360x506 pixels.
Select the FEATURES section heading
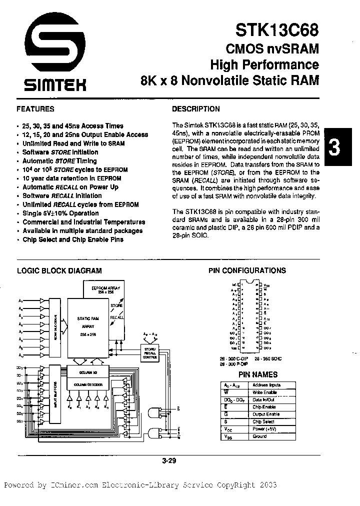[x=35, y=108]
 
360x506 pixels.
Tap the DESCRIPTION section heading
[x=195, y=108]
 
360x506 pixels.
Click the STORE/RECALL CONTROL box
[x=149, y=353]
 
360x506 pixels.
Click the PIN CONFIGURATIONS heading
[x=246, y=270]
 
